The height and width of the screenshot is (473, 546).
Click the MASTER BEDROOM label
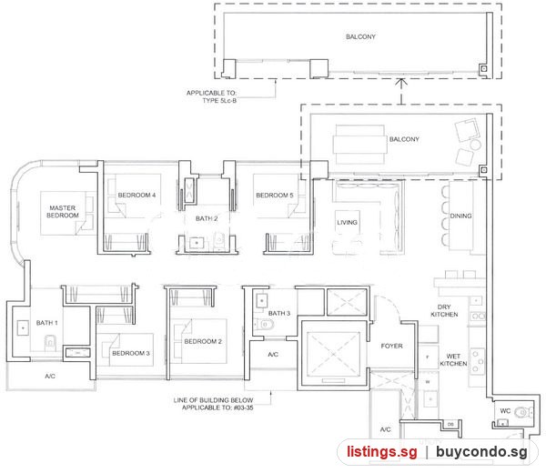[x=63, y=212]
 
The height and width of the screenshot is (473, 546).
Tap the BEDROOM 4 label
[x=136, y=196]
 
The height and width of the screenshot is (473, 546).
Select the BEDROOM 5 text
[x=275, y=196]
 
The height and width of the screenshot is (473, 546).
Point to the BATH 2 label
[x=207, y=218]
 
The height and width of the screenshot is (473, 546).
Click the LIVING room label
[x=347, y=223]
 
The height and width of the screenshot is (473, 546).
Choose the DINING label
[x=460, y=216]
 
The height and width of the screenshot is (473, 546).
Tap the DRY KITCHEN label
[x=444, y=310]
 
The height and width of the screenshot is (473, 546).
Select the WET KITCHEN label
[x=453, y=360]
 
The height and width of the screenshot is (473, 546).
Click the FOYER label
[x=391, y=346]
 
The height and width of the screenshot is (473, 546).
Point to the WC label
[x=505, y=411]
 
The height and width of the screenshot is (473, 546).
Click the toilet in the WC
[x=522, y=412]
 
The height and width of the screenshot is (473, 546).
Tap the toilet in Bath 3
[x=264, y=325]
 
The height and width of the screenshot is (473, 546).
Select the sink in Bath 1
[x=23, y=327]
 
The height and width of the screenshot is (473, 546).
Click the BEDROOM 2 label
[x=203, y=341]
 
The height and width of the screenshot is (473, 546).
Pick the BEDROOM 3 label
[x=131, y=353]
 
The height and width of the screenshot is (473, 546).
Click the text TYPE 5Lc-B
[x=219, y=101]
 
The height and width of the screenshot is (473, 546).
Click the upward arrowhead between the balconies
[x=401, y=83]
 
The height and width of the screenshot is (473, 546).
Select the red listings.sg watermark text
[x=381, y=452]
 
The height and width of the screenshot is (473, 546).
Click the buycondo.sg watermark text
[x=481, y=452]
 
